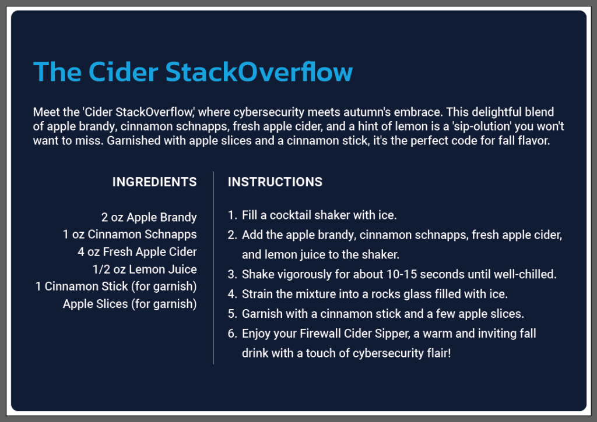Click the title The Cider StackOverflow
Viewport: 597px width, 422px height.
click(x=193, y=72)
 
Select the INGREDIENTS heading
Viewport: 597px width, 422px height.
click(x=154, y=182)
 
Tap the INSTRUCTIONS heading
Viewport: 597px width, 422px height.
click(x=275, y=182)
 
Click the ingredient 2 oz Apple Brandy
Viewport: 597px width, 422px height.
click(x=149, y=217)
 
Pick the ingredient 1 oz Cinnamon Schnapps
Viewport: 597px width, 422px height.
click(x=130, y=234)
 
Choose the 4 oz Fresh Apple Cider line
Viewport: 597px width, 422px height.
click(x=137, y=251)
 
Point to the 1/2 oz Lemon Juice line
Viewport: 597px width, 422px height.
click(x=145, y=269)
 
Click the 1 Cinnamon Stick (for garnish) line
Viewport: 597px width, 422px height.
click(x=116, y=286)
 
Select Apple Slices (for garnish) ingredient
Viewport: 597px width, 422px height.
click(x=130, y=304)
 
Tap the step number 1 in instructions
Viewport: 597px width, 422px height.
click(x=232, y=215)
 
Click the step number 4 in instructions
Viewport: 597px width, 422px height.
click(x=232, y=294)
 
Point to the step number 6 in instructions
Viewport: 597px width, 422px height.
click(x=232, y=334)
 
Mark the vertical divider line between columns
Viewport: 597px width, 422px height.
click(x=213, y=268)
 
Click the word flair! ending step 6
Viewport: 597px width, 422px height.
click(x=439, y=353)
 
